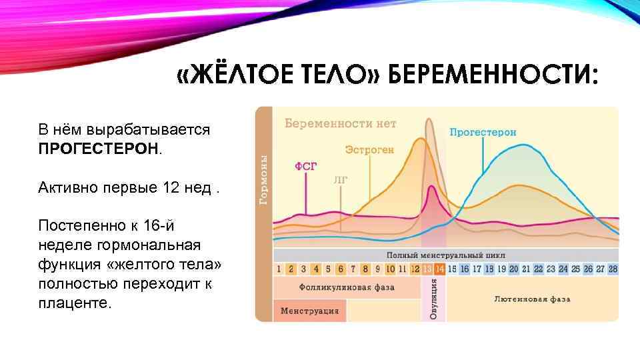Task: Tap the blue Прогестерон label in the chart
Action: point(483,133)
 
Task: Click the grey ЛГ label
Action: point(339,179)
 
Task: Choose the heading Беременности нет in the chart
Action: point(341,123)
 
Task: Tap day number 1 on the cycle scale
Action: point(279,269)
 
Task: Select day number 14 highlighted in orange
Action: point(439,269)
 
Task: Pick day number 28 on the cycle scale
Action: point(613,269)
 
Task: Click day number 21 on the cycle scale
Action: point(526,269)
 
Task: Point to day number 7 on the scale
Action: point(353,269)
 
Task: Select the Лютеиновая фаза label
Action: point(532,299)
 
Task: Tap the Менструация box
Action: point(309,311)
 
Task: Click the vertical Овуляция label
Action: point(433,299)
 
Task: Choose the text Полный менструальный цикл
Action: point(445,255)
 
